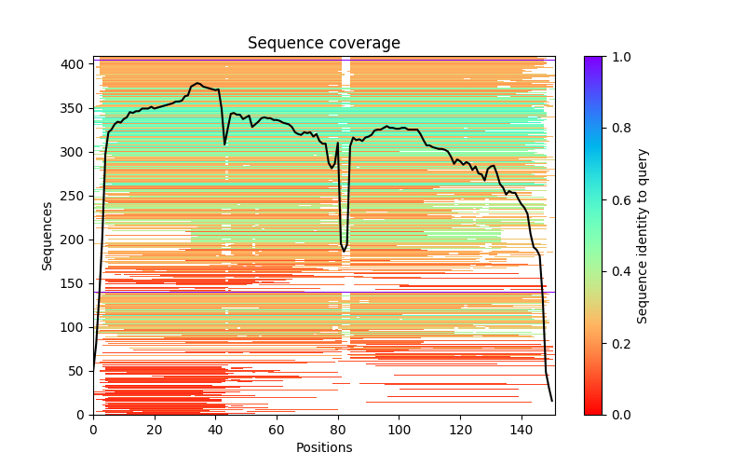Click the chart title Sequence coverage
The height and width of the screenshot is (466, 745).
point(323,43)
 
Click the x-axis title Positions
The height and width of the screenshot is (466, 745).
point(323,447)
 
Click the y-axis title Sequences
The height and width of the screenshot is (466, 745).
point(47,235)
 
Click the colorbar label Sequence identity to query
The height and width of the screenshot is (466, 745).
point(643,235)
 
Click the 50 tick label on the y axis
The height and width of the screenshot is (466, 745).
point(79,371)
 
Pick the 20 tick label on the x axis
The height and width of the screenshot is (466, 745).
point(155,429)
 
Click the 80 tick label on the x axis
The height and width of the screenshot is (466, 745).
point(338,429)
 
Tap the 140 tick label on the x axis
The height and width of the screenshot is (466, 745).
point(521,429)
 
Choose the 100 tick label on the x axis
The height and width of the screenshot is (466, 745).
point(400,429)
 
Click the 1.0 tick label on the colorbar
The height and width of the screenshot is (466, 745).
point(617,57)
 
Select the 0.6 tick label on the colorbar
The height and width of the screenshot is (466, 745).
point(617,200)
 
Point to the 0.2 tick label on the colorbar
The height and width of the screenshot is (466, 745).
point(617,343)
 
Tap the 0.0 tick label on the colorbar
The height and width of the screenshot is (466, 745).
point(617,415)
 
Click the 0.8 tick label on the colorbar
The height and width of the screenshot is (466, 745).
point(617,129)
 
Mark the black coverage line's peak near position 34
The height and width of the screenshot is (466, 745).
point(197,83)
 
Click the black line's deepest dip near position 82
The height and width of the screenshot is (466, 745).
point(344,252)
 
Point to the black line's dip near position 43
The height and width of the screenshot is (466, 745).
point(224,144)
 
